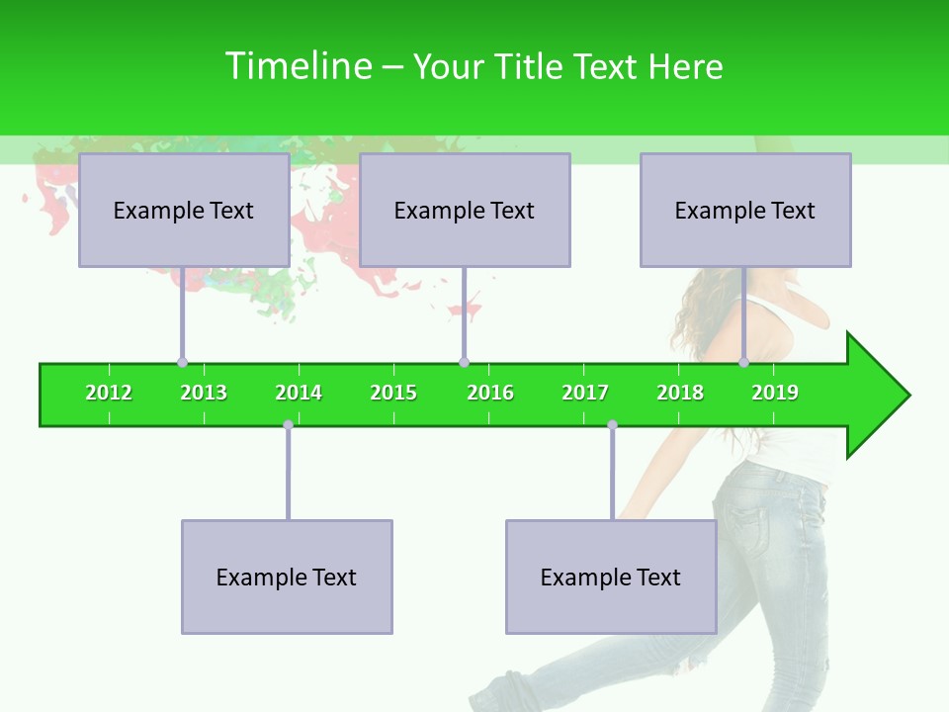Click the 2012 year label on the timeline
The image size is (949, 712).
pyautogui.click(x=109, y=393)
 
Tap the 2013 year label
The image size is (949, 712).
pyautogui.click(x=204, y=393)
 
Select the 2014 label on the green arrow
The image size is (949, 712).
pyautogui.click(x=299, y=393)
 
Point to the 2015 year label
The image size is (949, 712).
pyautogui.click(x=393, y=393)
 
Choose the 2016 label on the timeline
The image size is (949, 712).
pyautogui.click(x=490, y=393)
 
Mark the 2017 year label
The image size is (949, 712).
pyautogui.click(x=585, y=393)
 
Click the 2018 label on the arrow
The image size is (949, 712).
pyautogui.click(x=680, y=393)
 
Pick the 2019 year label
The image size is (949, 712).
pyautogui.click(x=775, y=393)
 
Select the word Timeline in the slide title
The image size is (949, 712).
pyautogui.click(x=298, y=66)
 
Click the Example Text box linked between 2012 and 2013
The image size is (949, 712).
pyautogui.click(x=184, y=210)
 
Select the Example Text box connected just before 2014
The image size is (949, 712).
pyautogui.click(x=287, y=577)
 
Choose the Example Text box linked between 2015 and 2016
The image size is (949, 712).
pyautogui.click(x=465, y=210)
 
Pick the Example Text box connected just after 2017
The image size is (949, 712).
pyautogui.click(x=611, y=577)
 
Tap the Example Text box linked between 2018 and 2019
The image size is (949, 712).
pyautogui.click(x=745, y=210)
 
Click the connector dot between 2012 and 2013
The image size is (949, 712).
pyautogui.click(x=182, y=362)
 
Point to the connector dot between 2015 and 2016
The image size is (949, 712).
pyautogui.click(x=464, y=362)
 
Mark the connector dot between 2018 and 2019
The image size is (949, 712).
pyautogui.click(x=743, y=362)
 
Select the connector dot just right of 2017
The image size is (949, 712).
pyautogui.click(x=612, y=425)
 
